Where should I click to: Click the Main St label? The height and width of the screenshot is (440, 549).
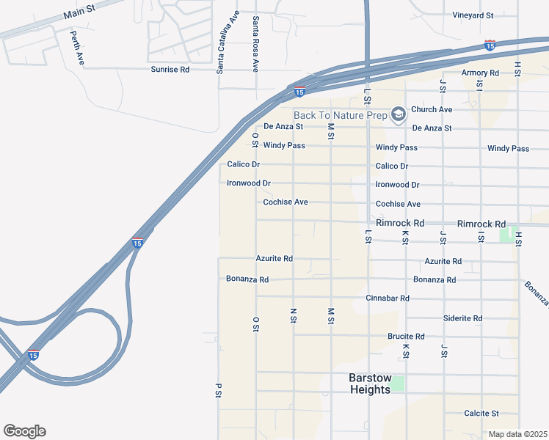click(x=80, y=13)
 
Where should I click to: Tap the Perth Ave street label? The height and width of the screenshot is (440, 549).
click(x=76, y=48)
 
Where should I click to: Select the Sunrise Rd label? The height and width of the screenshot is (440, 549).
click(x=170, y=70)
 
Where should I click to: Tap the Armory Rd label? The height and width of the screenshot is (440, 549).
click(x=480, y=73)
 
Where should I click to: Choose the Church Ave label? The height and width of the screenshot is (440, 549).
click(x=432, y=109)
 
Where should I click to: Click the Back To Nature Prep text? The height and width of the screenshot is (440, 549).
click(x=341, y=115)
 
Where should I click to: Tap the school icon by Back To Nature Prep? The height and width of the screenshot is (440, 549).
click(x=398, y=114)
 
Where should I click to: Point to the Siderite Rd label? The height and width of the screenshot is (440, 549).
click(x=462, y=318)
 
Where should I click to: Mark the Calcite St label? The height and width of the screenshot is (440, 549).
click(x=481, y=414)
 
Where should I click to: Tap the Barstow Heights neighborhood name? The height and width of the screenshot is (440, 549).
click(x=369, y=384)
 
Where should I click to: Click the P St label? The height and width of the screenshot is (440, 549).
click(x=218, y=390)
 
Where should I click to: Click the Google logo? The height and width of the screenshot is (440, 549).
click(x=24, y=431)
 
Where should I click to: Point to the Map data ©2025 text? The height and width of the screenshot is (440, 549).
click(x=518, y=434)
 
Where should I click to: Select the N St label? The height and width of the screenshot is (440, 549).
click(x=293, y=316)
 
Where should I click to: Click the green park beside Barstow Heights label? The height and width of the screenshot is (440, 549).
click(x=397, y=383)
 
